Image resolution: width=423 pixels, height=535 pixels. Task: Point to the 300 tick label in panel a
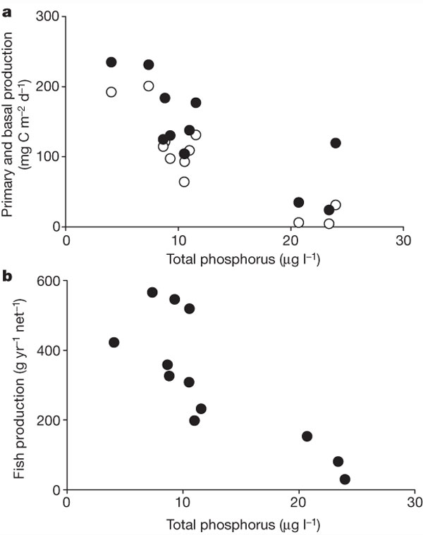click(47, 17)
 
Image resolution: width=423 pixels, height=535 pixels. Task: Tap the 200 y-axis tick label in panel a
click(47, 87)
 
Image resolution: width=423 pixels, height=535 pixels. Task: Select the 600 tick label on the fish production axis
click(47, 281)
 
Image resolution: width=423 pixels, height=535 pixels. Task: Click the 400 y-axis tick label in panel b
click(47, 351)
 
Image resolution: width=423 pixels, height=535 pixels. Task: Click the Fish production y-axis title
click(19, 384)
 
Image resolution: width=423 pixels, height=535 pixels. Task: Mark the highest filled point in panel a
click(111, 62)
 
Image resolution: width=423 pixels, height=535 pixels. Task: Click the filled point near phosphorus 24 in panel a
click(336, 143)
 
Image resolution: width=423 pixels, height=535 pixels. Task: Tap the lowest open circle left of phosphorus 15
click(184, 182)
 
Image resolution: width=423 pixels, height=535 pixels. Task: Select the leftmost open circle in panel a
click(111, 92)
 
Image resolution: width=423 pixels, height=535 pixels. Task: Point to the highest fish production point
click(152, 292)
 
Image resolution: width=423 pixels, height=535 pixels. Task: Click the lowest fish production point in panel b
click(345, 479)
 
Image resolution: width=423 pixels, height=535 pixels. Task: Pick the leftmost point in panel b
click(114, 342)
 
